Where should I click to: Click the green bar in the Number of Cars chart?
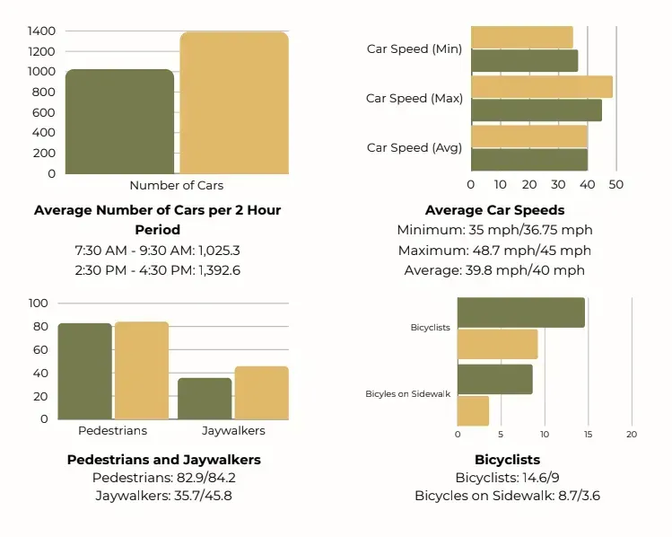(x=119, y=121)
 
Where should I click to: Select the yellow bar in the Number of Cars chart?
(x=234, y=103)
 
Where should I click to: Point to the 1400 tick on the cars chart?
(x=41, y=31)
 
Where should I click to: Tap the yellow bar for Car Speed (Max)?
(x=542, y=87)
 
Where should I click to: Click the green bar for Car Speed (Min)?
(x=525, y=61)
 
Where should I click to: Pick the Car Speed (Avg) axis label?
(x=415, y=147)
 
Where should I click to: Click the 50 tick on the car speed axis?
(x=615, y=184)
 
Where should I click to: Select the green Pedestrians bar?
(x=85, y=371)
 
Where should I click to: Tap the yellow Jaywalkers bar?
(x=261, y=393)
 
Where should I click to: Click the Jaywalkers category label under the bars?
(x=233, y=431)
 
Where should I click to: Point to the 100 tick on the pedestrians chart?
(x=39, y=304)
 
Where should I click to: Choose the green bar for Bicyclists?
(x=521, y=313)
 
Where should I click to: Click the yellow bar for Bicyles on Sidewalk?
(x=473, y=411)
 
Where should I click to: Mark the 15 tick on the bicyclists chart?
(x=588, y=434)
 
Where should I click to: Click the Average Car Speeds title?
(x=495, y=210)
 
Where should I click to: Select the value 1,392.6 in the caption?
(x=219, y=270)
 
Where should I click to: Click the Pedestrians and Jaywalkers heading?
(x=163, y=460)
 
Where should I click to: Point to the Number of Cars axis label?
(x=177, y=185)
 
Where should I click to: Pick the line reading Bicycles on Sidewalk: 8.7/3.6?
(x=508, y=496)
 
